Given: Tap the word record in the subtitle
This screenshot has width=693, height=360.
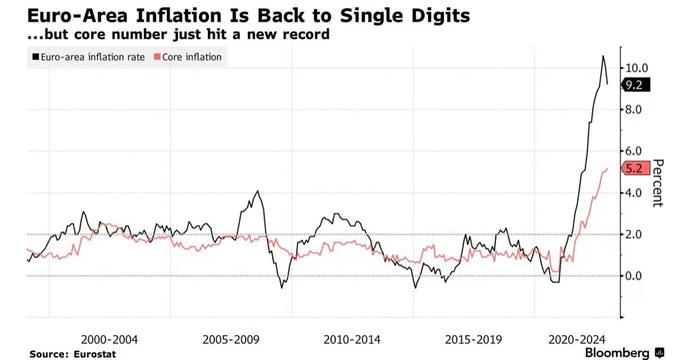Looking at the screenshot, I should coord(307,34).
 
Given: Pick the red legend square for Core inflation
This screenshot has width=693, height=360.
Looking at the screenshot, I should coord(157,57).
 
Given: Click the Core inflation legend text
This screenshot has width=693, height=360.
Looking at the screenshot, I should coord(192,57).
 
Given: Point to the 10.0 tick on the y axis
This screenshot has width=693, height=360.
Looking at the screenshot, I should coord(637,67).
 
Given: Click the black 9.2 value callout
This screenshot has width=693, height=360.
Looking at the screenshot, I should coord(635,85).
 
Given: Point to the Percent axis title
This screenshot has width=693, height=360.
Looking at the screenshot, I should coord(657,184).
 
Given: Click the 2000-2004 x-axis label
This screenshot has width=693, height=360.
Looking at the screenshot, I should coord(109,340).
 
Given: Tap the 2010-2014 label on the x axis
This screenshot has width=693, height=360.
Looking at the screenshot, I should coord(352,340).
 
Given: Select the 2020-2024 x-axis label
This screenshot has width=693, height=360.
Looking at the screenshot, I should coord(577,340).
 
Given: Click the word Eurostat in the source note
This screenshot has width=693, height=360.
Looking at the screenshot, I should coord(95,354).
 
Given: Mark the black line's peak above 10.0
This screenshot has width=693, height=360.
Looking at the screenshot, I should coord(603,56).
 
